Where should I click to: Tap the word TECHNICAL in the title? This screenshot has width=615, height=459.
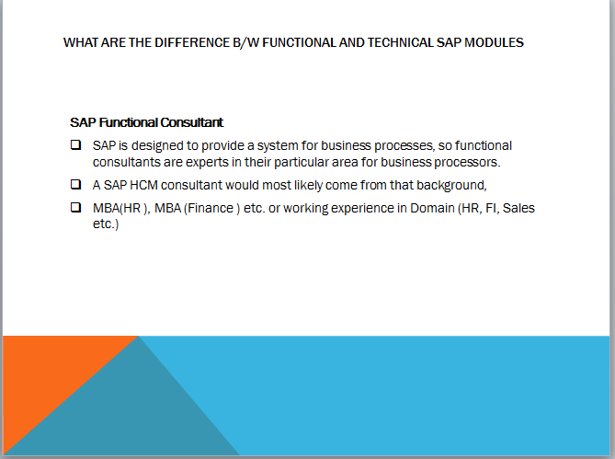pyautogui.click(x=355, y=42)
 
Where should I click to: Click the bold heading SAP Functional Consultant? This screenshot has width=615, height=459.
pyautogui.click(x=146, y=122)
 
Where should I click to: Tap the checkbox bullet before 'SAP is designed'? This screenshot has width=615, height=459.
pyautogui.click(x=75, y=145)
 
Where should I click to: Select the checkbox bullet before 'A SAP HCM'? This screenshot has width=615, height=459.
pyautogui.click(x=75, y=184)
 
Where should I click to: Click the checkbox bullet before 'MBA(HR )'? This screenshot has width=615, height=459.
pyautogui.click(x=75, y=208)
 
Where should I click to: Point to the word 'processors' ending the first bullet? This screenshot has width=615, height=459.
pyautogui.click(x=464, y=162)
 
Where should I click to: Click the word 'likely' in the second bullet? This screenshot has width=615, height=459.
pyautogui.click(x=303, y=185)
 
